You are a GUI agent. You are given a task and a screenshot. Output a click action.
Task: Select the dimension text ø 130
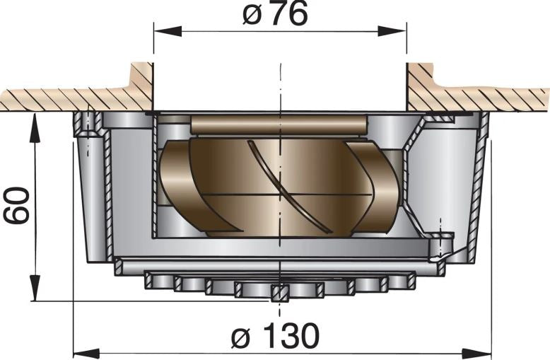tap(276, 336)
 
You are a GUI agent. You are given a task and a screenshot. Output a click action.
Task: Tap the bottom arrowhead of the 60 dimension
tap(33, 293)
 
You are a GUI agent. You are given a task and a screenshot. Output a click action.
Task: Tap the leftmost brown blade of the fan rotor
tap(177, 184)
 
